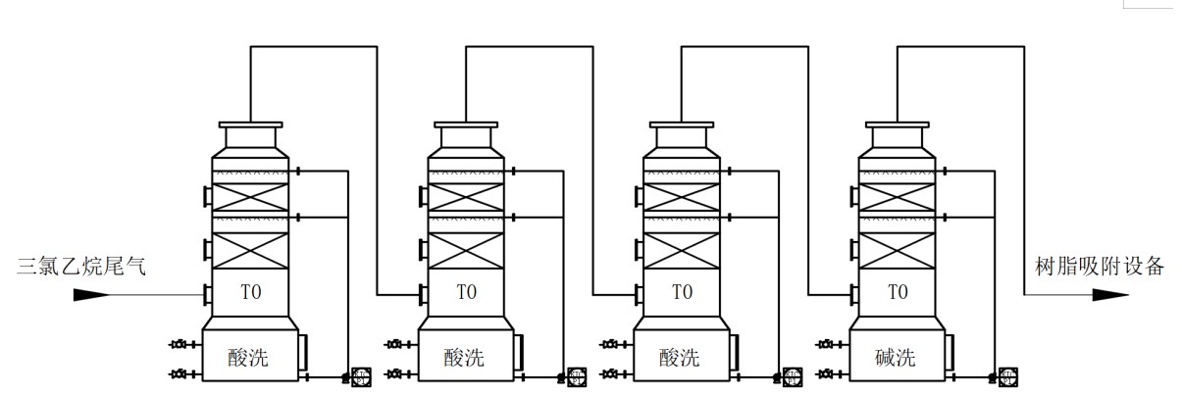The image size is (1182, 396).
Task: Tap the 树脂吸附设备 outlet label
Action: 1100,265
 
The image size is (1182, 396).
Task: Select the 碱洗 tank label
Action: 895,358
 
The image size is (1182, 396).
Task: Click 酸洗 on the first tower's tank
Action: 248,358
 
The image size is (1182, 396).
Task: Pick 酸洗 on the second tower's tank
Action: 464,358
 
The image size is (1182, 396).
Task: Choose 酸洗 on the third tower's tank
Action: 680,358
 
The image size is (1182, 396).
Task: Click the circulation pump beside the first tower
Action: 361,375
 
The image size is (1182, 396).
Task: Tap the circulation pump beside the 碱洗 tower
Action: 1007,375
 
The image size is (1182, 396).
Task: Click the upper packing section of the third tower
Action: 682,194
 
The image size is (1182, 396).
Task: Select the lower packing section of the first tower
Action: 250,250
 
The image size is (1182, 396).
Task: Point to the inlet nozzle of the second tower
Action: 422,294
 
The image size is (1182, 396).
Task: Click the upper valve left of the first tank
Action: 180,344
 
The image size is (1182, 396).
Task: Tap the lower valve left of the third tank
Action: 611,373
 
